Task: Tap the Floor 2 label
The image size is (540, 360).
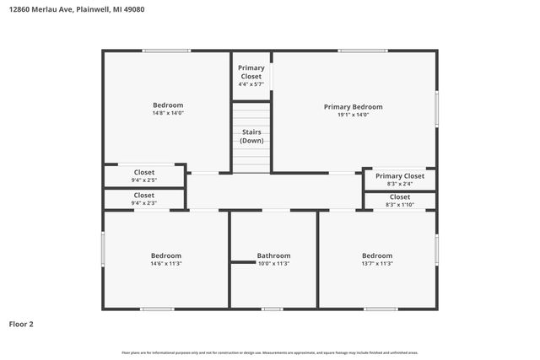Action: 22,324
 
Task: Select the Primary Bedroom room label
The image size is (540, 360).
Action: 354,107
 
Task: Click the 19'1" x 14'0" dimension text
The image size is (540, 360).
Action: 354,116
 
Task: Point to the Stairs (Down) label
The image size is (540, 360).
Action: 251,137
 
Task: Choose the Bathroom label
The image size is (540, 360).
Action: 273,255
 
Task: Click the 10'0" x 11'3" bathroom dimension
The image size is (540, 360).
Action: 273,264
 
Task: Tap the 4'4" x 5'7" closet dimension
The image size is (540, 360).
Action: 251,84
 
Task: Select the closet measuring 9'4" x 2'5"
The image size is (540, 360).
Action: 143,176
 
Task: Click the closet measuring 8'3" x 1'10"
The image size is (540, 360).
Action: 399,201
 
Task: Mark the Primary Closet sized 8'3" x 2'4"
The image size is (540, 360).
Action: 399,180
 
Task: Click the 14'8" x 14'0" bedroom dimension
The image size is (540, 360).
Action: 167,113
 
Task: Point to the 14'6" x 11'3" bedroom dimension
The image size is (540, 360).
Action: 166,264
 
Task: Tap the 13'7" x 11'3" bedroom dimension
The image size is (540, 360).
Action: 377,264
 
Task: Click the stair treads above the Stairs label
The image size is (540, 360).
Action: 251,114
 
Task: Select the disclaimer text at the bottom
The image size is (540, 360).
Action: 270,352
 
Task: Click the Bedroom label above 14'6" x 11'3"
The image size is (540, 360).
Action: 166,255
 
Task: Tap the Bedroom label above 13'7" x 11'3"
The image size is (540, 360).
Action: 377,255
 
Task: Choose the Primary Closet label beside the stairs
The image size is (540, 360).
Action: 251,72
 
